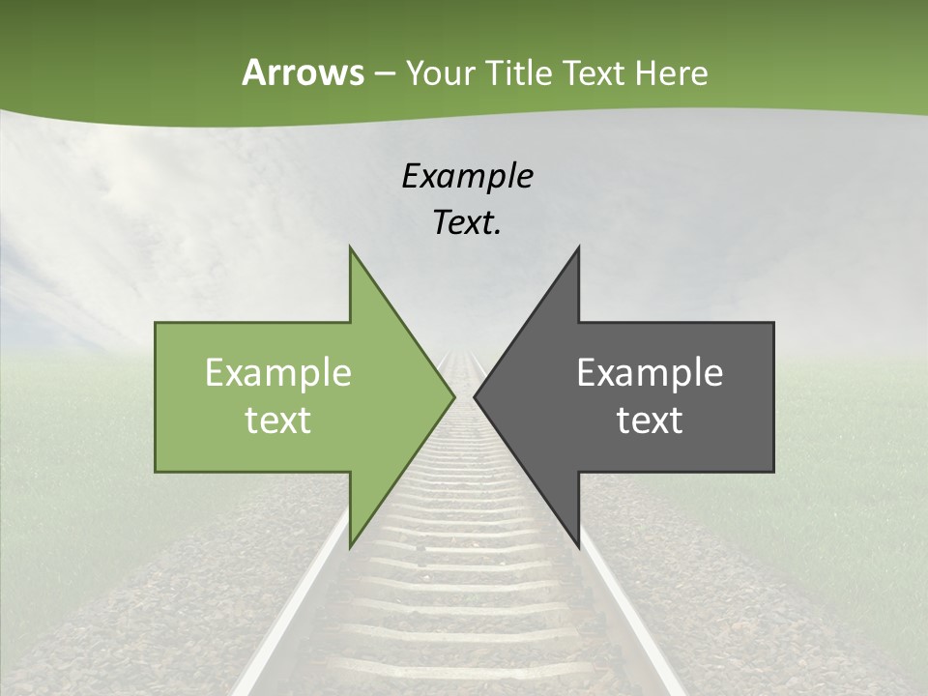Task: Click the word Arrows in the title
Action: click(303, 72)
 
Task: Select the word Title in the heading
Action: click(519, 72)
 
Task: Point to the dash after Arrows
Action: click(384, 73)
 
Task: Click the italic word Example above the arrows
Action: click(467, 176)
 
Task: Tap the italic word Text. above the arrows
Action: click(467, 222)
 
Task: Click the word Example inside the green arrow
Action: click(278, 372)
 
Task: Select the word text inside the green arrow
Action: click(278, 420)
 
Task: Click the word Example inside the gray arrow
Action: click(650, 372)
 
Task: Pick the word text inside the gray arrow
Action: click(650, 420)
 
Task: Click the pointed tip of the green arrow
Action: click(453, 396)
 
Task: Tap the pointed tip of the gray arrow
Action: click(475, 396)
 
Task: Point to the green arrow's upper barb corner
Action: click(350, 247)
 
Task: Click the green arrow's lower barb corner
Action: click(350, 547)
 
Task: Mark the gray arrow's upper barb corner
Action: click(578, 247)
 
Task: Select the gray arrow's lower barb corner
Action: click(578, 547)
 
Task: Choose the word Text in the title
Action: click(594, 72)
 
